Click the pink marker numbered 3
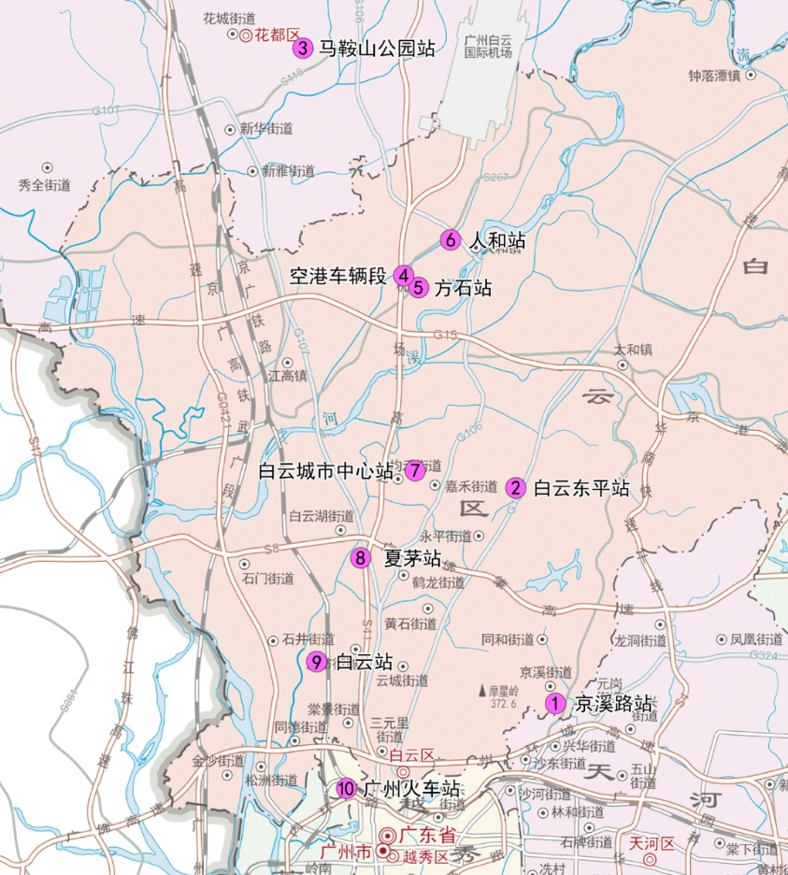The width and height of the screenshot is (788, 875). click(x=302, y=49)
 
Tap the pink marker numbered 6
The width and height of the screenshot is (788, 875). click(x=450, y=240)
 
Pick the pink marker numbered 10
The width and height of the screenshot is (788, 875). click(x=346, y=789)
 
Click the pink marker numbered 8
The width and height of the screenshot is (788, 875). click(x=361, y=559)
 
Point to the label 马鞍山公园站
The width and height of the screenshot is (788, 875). click(x=377, y=49)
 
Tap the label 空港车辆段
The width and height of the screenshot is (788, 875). click(x=337, y=276)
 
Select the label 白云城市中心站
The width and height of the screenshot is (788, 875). click(x=325, y=472)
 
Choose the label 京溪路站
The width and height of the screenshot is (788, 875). click(x=613, y=704)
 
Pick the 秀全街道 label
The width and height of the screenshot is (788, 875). click(x=45, y=185)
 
